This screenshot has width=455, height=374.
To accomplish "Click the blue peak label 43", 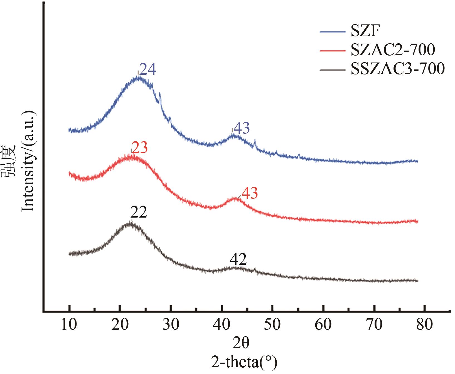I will tap(242, 128).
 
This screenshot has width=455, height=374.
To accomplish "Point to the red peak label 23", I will tap(139, 148).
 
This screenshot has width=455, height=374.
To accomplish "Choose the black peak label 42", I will tap(238, 260).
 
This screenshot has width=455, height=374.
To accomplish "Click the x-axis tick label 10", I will tap(69, 325).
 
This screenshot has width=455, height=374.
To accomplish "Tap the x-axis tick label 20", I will tap(120, 325).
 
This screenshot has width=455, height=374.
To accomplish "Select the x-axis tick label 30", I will tap(171, 325).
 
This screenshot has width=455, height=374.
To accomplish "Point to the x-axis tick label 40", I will tap(222, 325).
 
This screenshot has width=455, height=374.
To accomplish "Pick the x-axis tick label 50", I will tap(273, 325).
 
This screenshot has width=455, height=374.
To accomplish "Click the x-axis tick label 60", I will tap(324, 325).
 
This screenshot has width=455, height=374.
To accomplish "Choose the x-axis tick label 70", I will tap(375, 325).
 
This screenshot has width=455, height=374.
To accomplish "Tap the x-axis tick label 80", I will tap(425, 325).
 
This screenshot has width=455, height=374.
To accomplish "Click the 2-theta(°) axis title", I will tap(244, 362).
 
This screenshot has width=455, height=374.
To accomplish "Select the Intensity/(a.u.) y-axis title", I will tap(29, 161).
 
